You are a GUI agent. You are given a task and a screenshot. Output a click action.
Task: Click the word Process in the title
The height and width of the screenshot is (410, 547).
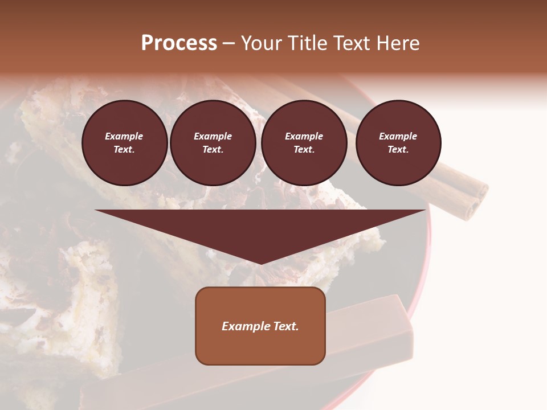point(179,43)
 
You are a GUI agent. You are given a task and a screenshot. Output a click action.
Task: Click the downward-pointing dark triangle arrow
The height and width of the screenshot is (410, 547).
point(260,228)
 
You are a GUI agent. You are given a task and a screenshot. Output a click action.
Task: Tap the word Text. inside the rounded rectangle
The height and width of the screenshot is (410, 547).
point(286,326)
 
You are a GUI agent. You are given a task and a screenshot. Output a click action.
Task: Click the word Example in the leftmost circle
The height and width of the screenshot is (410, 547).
point(124,136)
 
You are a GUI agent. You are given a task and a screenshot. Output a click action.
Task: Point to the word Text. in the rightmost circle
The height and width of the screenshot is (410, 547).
point(398,149)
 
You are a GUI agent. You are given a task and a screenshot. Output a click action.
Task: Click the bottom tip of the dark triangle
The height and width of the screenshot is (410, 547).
point(260,263)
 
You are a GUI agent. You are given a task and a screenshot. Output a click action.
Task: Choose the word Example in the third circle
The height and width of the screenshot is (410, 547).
point(304,136)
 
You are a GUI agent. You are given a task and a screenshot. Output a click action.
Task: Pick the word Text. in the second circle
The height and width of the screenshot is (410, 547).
point(213,149)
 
